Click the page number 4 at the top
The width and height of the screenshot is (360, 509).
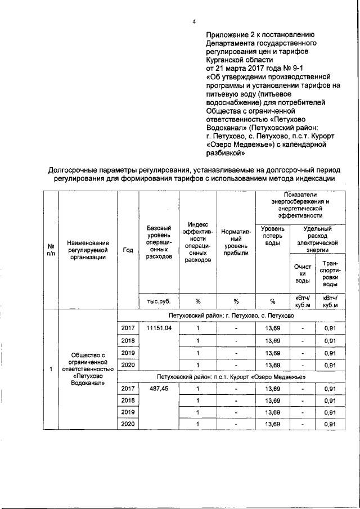193,21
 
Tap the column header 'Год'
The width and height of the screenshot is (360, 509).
128,250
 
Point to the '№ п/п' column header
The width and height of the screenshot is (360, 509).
51,250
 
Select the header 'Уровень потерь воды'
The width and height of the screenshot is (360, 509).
272,237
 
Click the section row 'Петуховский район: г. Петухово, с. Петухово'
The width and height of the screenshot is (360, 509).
231,316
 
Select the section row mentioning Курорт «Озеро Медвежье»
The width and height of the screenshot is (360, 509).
231,376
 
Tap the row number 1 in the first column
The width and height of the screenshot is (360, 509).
51,369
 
